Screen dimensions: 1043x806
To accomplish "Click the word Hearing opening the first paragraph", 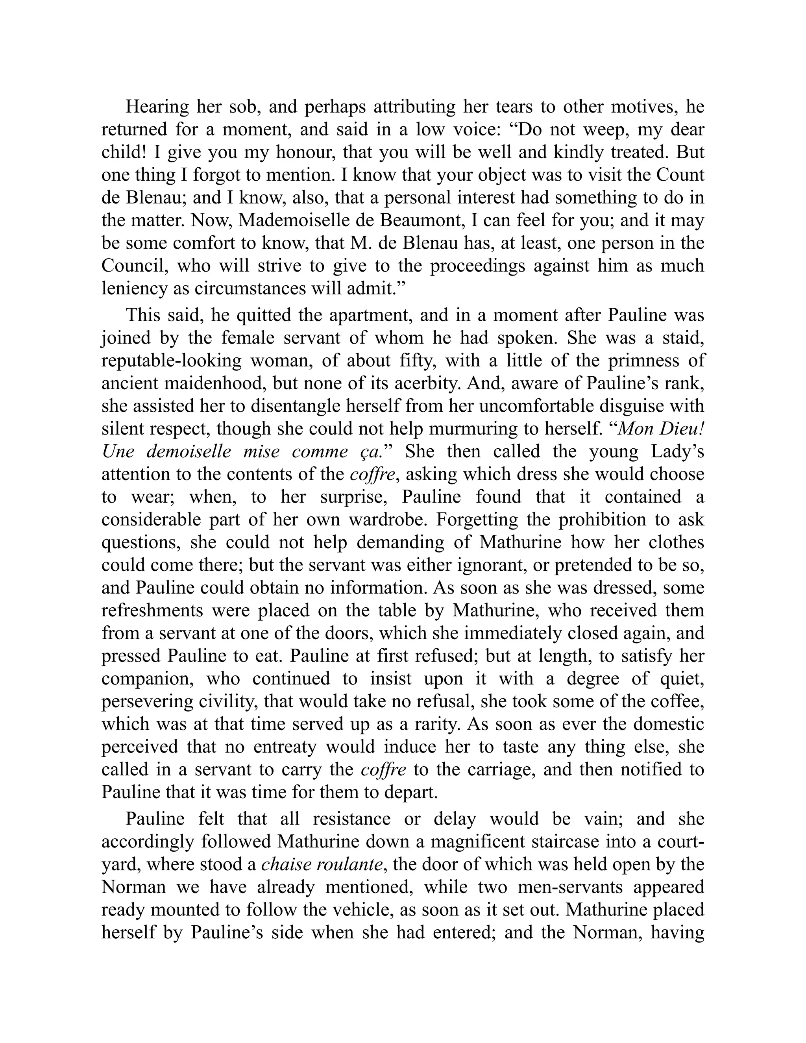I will [x=157, y=107].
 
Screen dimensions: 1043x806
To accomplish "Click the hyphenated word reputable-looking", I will [x=172, y=361].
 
